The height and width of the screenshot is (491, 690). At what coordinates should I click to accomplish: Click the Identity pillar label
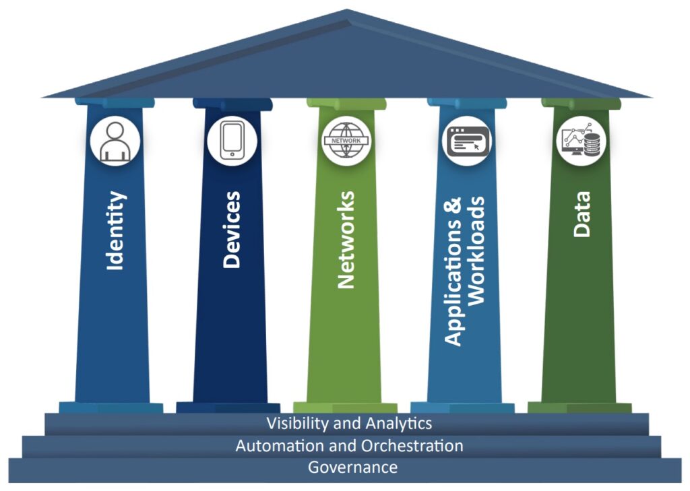[116, 231]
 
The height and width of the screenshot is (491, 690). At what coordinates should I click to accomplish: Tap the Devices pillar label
[231, 229]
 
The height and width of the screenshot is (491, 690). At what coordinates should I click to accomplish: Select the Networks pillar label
[346, 240]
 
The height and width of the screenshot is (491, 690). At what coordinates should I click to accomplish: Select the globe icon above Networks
[346, 141]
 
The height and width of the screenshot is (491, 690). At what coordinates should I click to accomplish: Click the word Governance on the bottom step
[352, 467]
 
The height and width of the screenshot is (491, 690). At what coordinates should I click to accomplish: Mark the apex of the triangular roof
[347, 10]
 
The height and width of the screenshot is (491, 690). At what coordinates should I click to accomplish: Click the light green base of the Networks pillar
[346, 407]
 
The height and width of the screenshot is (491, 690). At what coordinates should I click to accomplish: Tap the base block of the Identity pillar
[111, 407]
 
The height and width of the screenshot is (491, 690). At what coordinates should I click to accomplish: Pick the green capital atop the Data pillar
[581, 103]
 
